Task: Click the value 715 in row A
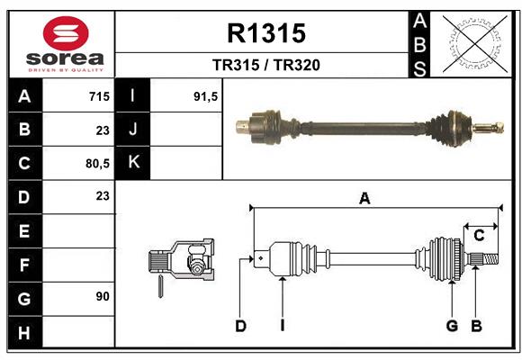pos(99,96)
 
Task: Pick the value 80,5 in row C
pos(96,163)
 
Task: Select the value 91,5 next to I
pos(206,96)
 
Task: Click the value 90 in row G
pos(102,296)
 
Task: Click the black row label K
pos(134,163)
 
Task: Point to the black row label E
pos(24,230)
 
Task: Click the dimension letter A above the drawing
pos(364,199)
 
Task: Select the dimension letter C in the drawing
pos(479,236)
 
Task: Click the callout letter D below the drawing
pos(240,326)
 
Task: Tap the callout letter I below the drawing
pos(282,326)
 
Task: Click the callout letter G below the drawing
pos(452,326)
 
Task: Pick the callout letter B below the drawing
pos(477,326)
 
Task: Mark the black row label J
pos(134,130)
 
